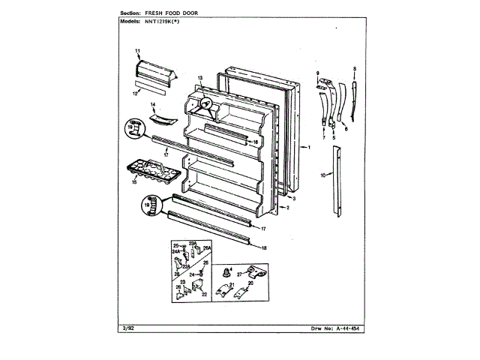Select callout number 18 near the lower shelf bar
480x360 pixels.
(x=264, y=245)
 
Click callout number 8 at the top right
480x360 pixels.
(x=354, y=69)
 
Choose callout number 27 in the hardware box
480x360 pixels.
(x=240, y=275)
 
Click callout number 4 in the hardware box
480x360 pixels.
(x=230, y=268)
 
